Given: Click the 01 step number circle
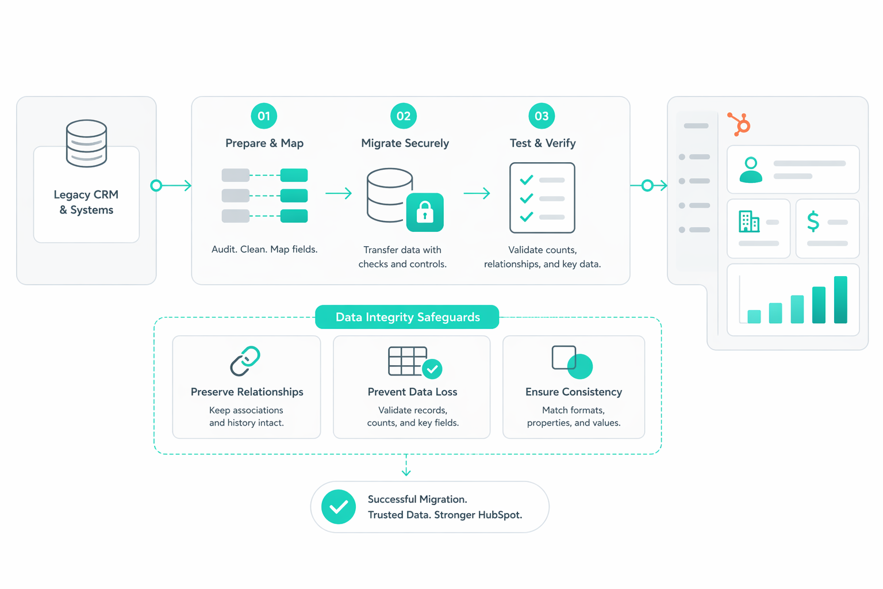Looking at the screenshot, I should pyautogui.click(x=264, y=116).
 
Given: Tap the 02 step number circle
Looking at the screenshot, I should pyautogui.click(x=404, y=116).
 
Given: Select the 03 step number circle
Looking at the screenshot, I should pyautogui.click(x=542, y=116).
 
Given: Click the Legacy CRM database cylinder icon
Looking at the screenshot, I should pyautogui.click(x=86, y=143).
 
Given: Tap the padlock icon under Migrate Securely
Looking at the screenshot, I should pyautogui.click(x=425, y=212).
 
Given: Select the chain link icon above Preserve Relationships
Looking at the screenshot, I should pyautogui.click(x=245, y=361).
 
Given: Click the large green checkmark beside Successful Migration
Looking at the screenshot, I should pyautogui.click(x=339, y=507).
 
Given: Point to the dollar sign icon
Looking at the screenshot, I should pyautogui.click(x=813, y=221).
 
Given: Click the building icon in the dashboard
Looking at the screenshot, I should pyautogui.click(x=748, y=221).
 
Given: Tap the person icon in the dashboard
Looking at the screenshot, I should pyautogui.click(x=751, y=170).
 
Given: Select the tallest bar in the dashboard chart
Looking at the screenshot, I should pyautogui.click(x=840, y=300).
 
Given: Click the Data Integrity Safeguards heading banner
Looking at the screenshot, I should pyautogui.click(x=407, y=317).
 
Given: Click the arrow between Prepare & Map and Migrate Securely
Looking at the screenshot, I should pyautogui.click(x=339, y=193).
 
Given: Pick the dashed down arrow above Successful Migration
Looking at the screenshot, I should pyautogui.click(x=406, y=465).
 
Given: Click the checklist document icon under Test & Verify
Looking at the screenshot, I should pyautogui.click(x=542, y=198).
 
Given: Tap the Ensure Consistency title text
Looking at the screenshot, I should pyautogui.click(x=574, y=392).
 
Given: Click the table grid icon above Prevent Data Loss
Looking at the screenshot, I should pyautogui.click(x=408, y=361).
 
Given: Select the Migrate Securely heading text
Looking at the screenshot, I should pyautogui.click(x=405, y=143).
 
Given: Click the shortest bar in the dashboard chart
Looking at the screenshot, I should pyautogui.click(x=754, y=316).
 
